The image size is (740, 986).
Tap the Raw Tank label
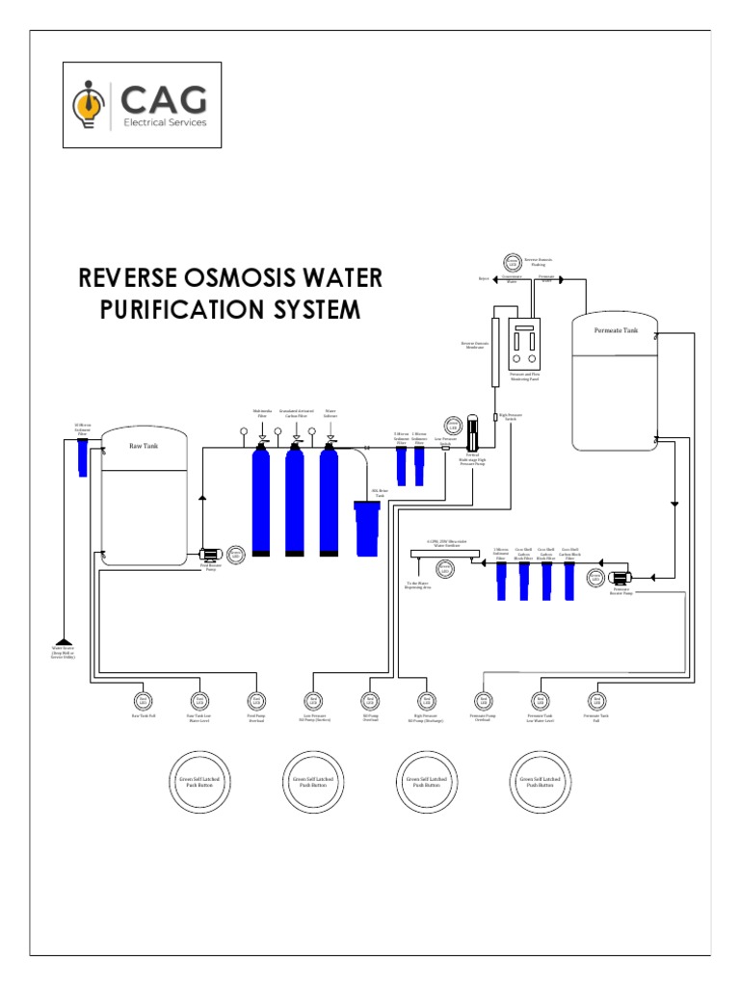[x=142, y=446]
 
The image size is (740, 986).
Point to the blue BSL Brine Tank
[x=367, y=528]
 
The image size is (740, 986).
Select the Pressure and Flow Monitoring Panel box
[x=523, y=346]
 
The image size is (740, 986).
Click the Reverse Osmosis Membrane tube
[x=495, y=348]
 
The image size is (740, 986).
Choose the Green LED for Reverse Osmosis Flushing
[x=511, y=261]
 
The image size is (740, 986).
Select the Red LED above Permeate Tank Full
[x=595, y=700]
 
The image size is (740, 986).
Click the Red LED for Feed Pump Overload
[x=255, y=700]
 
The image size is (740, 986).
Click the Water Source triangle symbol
[x=63, y=639]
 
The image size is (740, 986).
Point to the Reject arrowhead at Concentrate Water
[x=494, y=279]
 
